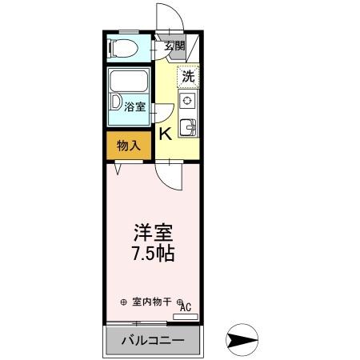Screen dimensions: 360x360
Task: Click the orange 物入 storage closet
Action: pyautogui.click(x=127, y=146)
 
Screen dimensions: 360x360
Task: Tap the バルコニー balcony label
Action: pyautogui.click(x=153, y=342)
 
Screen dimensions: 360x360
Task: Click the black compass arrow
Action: pyautogui.click(x=240, y=340)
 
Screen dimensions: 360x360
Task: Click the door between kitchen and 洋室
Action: pyautogui.click(x=169, y=172)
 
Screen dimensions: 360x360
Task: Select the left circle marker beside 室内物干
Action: pyautogui.click(x=123, y=302)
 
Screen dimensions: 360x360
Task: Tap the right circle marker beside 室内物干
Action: pyautogui.click(x=181, y=301)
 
